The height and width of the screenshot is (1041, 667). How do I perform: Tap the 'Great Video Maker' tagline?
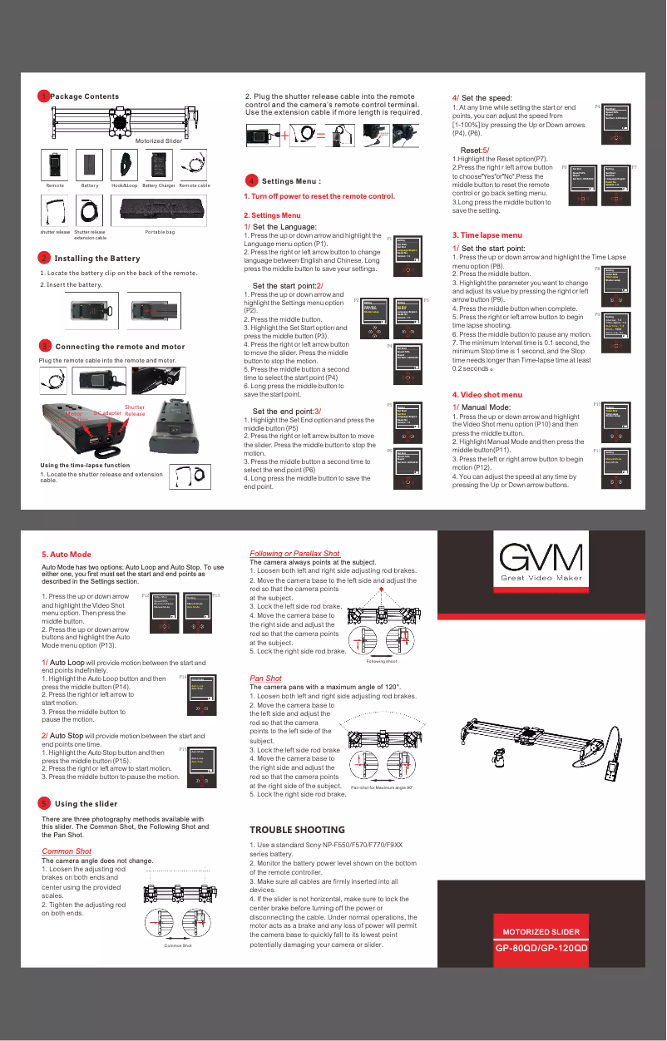542,578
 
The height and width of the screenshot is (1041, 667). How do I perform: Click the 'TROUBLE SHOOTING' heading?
297,830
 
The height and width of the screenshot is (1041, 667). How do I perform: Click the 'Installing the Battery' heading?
96,259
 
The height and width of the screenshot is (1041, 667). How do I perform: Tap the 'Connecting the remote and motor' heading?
120,346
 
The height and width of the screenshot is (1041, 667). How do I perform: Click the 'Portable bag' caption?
160,232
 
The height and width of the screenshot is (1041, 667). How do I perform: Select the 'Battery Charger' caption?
158,185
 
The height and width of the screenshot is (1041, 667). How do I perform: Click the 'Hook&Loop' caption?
125,185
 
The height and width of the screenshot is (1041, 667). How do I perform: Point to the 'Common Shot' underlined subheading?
67,851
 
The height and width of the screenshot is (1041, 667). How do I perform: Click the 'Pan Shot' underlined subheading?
265,678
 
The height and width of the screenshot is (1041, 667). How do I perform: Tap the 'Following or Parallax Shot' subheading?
294,554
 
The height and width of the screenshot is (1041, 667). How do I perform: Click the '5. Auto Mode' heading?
67,554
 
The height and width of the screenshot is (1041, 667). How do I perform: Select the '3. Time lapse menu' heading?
487,235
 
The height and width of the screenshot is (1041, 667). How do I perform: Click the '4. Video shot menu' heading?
487,394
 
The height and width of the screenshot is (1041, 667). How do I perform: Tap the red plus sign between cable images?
285,135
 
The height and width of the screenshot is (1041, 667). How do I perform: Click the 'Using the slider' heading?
86,804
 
